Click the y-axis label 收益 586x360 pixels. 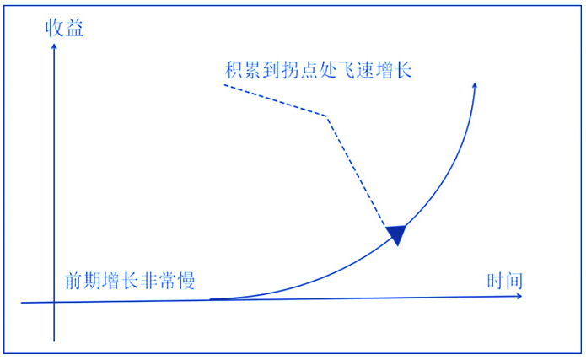point(64,28)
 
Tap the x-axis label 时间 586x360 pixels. point(504,281)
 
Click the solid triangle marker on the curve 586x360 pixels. point(396,234)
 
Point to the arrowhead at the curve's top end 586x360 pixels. point(475,86)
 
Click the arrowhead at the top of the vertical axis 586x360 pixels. point(54,46)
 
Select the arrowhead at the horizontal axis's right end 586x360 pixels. point(519,296)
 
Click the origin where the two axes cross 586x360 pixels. point(54,302)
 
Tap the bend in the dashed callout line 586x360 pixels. point(326,116)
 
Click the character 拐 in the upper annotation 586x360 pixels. point(291,70)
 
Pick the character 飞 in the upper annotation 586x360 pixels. point(347,70)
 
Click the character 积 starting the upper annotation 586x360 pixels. point(234,70)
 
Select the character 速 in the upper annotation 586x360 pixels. point(365,70)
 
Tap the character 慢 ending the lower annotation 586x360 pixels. point(185,281)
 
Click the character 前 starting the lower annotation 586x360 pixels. point(73,281)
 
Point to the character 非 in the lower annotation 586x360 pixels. point(148,281)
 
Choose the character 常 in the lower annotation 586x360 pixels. point(167,281)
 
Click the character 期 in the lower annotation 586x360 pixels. point(92,281)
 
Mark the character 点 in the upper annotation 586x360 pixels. point(309,70)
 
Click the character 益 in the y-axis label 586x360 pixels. point(74,28)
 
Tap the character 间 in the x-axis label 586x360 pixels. point(513,281)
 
